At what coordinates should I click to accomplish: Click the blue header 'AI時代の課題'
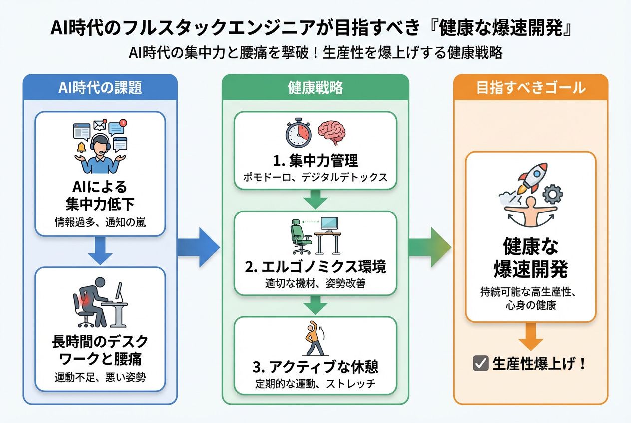[x=100, y=88]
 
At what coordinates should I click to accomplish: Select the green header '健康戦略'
[x=315, y=88]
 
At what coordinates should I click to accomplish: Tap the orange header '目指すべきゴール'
[x=530, y=88]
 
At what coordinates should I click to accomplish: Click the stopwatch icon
[x=298, y=133]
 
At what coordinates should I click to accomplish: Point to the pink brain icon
[x=332, y=132]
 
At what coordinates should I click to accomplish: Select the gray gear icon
[x=552, y=194]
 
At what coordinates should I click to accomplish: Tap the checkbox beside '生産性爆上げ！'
[x=480, y=363]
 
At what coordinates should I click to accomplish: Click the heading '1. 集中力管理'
[x=315, y=161]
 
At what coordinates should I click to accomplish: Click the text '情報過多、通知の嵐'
[x=100, y=222]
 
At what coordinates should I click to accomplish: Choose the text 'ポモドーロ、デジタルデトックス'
[x=315, y=178]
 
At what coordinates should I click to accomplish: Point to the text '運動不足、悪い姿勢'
[x=100, y=378]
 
